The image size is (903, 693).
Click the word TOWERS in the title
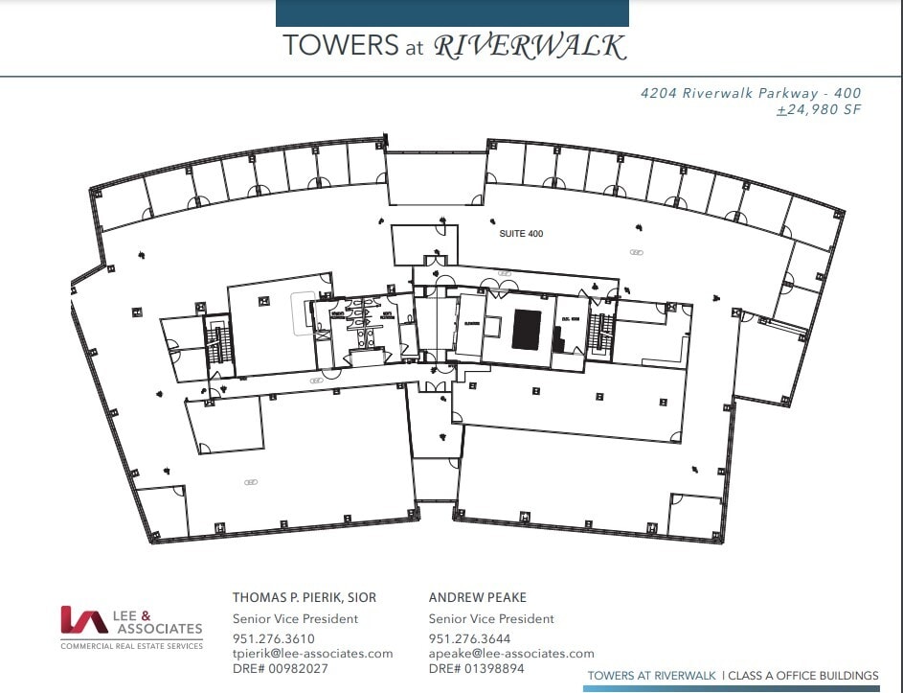[327, 46]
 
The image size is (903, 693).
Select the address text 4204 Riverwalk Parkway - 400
[751, 93]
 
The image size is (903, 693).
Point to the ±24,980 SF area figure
[819, 109]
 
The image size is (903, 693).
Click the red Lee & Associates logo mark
[83, 620]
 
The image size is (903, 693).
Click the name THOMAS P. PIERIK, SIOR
[305, 597]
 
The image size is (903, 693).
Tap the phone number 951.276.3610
[274, 638]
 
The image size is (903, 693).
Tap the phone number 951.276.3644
[470, 638]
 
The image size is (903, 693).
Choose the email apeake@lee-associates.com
[511, 653]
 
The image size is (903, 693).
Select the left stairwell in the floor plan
[218, 340]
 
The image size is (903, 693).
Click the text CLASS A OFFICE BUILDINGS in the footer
[803, 676]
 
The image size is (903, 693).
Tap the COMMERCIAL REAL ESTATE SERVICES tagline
[131, 646]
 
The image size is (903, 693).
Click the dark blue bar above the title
[452, 12]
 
